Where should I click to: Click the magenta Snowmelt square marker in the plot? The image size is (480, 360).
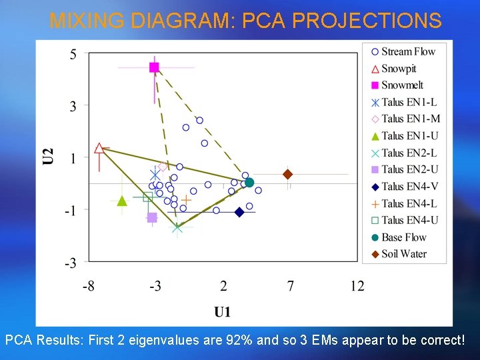154,67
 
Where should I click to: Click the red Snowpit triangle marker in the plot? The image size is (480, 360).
99,148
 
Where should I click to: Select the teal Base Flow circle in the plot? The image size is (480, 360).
249,182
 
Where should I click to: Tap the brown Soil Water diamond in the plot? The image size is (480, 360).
287,174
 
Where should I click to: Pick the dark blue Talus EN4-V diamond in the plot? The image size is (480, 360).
239,212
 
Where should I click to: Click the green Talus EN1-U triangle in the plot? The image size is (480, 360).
122,201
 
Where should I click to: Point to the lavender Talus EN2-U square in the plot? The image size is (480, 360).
152,217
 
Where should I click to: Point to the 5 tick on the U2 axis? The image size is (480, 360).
73,54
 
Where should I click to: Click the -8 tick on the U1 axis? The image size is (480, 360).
88,286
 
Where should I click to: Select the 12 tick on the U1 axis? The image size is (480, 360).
357,286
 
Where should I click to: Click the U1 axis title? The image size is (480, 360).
223,311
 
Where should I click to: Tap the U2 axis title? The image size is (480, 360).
49,156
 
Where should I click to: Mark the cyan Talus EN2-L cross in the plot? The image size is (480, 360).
177,227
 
